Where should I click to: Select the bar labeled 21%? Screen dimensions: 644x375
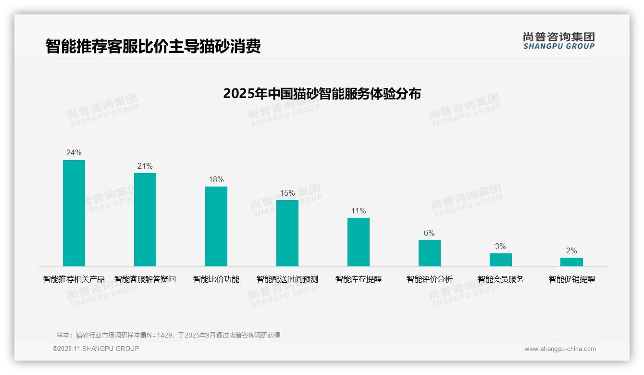click(145, 220)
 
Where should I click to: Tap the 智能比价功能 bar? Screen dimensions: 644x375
click(216, 226)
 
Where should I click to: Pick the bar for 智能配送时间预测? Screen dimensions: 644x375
click(287, 233)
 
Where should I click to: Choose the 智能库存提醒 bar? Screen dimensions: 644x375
click(359, 242)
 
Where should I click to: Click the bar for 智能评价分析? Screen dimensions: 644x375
click(430, 253)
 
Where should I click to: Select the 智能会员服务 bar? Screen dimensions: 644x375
click(501, 260)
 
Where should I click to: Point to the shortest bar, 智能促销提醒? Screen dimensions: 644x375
click(571, 262)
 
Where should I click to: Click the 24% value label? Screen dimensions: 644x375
click(74, 153)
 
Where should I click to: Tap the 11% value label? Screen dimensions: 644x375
click(359, 211)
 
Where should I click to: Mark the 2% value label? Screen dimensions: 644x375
click(571, 250)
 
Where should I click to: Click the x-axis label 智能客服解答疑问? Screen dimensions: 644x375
click(145, 279)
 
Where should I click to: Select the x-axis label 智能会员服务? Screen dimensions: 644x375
click(501, 279)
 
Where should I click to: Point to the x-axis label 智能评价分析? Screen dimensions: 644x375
click(430, 279)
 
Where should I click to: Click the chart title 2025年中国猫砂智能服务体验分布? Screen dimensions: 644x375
click(322, 93)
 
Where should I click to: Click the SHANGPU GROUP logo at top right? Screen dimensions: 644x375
click(559, 40)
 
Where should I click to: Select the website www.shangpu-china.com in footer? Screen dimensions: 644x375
click(560, 349)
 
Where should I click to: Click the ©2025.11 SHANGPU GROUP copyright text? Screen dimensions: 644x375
click(96, 349)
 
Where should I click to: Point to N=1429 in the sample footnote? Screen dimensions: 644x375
click(161, 335)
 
